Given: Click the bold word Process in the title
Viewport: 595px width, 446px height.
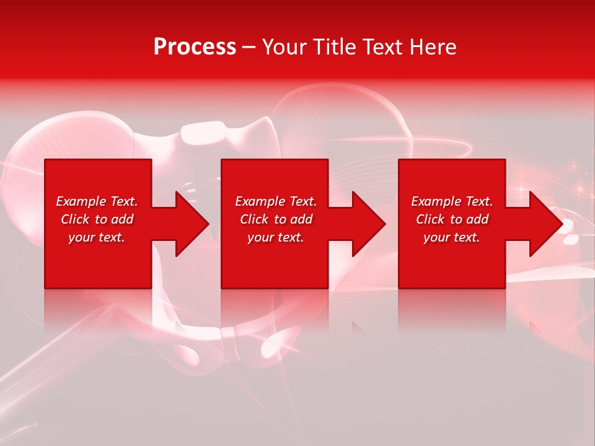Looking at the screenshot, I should click(195, 47).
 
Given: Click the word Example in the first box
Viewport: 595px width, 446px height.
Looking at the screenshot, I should click(81, 201).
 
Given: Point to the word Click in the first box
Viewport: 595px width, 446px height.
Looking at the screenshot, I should click(76, 219).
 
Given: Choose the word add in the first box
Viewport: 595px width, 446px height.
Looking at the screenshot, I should click(122, 219).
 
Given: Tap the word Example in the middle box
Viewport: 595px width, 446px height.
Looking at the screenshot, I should click(260, 201).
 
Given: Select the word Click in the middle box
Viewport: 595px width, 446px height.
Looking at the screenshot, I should click(255, 219).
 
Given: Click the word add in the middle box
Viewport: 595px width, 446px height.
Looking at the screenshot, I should click(301, 219).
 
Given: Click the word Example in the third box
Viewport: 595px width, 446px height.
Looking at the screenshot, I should click(436, 201).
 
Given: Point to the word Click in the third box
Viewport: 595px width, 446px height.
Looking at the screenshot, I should click(431, 219).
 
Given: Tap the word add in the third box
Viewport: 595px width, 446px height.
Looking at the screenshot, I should click(477, 219).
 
